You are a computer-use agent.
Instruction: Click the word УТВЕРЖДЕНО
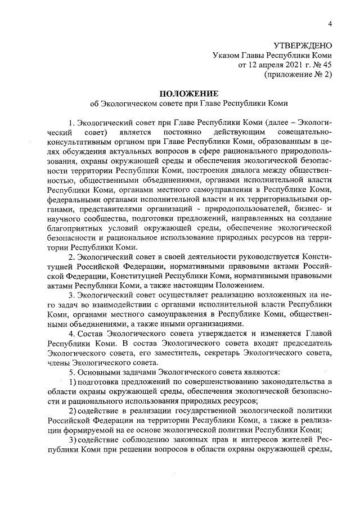click(303, 45)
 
